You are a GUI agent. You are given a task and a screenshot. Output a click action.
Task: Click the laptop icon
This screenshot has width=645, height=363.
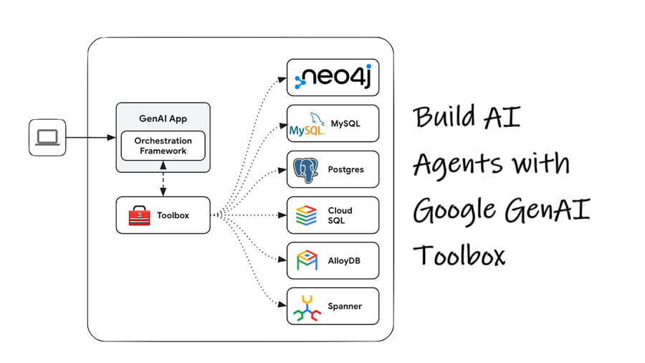(x=47, y=137)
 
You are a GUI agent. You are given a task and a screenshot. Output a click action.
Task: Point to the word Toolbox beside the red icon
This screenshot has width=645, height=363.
(x=173, y=215)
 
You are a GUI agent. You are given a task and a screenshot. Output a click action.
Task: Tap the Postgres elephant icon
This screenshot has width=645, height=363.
(x=306, y=170)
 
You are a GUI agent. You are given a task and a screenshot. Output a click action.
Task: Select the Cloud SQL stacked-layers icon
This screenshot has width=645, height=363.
(x=306, y=215)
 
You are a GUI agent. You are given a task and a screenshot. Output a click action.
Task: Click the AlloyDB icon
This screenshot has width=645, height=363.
(x=307, y=260)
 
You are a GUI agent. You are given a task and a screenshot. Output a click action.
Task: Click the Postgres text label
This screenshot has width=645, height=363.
(x=345, y=170)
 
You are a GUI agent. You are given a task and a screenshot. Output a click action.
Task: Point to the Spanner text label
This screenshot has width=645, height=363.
(x=345, y=306)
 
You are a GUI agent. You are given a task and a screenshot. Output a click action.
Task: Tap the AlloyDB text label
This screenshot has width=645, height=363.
(x=344, y=260)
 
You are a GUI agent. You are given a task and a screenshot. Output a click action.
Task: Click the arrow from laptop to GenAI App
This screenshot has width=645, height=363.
(x=90, y=137)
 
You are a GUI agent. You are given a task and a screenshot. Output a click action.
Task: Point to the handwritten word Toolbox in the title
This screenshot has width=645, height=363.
(x=460, y=255)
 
